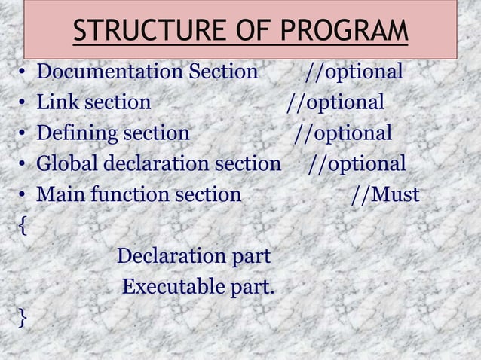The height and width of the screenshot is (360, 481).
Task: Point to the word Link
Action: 56,102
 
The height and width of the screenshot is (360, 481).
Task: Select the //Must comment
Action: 385,195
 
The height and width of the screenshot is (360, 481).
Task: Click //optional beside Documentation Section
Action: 354,72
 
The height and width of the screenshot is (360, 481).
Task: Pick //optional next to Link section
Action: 335,102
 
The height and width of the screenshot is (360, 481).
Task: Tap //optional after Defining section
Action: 343,133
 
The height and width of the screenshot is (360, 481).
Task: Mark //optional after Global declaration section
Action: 357,163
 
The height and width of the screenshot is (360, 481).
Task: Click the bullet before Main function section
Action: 23,196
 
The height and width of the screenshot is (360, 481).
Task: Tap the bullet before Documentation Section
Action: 23,73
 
